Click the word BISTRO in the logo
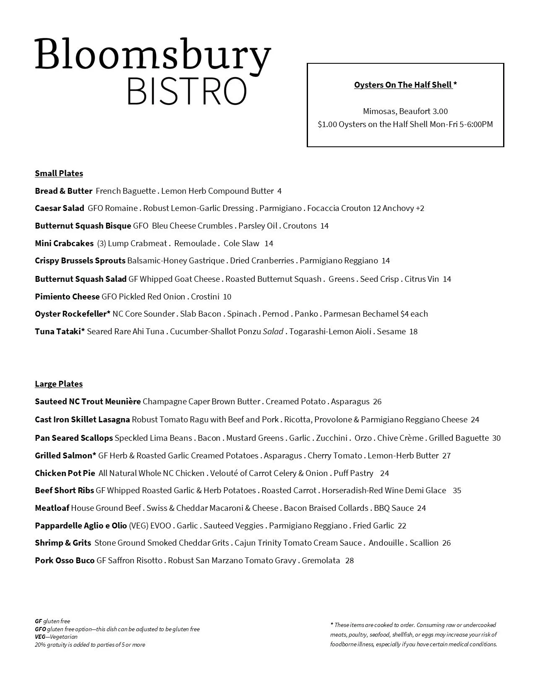coord(186,91)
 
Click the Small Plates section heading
coord(59,173)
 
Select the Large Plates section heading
coord(59,384)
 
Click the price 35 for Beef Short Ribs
coord(457,490)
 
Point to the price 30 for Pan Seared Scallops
coord(496,438)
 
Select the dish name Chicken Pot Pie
coord(65,473)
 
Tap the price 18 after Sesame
coord(413,331)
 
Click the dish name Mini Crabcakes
coord(64,243)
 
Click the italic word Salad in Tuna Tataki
coord(273,331)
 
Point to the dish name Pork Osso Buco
coord(65,560)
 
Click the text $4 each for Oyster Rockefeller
coord(414,314)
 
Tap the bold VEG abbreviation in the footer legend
coord(40,637)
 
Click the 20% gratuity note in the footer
coord(90,645)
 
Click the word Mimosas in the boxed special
coord(379,111)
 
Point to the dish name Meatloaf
coord(52,508)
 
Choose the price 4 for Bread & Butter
coord(279,191)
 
